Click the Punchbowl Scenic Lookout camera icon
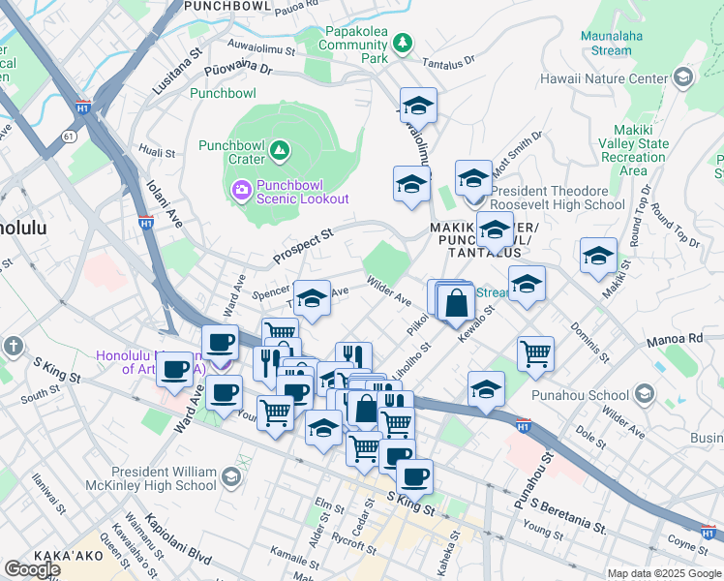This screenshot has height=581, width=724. [241, 188]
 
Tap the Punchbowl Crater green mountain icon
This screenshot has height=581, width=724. [280, 149]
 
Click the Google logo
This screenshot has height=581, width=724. [32, 568]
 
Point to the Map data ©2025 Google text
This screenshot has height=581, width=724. [663, 573]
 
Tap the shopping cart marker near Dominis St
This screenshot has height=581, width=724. [535, 353]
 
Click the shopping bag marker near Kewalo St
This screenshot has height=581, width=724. [456, 303]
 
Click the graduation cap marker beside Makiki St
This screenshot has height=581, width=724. [598, 256]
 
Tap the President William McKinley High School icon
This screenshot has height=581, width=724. [230, 476]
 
